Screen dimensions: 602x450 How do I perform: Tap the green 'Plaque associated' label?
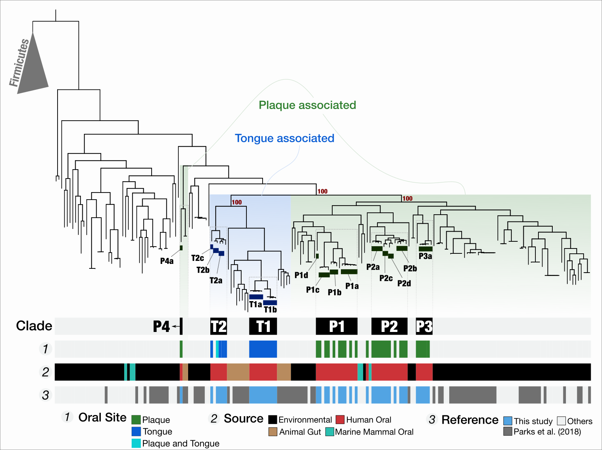point(307,105)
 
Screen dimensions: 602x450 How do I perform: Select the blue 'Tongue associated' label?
point(284,138)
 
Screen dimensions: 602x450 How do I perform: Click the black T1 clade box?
point(263,326)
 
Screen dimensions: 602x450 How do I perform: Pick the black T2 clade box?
point(219,326)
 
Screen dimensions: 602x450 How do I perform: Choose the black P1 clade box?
point(336,326)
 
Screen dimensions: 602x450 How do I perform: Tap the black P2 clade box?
point(389,326)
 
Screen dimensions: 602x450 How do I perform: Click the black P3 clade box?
point(424,326)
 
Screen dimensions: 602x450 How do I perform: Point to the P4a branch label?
point(167,261)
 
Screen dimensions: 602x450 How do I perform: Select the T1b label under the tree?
point(271,310)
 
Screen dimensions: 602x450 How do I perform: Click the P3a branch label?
point(426,256)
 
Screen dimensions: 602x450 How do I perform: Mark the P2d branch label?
point(404,283)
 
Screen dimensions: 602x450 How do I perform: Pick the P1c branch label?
point(313,290)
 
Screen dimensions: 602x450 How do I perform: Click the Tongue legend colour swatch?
point(136,432)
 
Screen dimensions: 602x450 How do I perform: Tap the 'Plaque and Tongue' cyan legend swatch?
point(136,444)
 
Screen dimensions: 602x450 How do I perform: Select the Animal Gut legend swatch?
point(273,432)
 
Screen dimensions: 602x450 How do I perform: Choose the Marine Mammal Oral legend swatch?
point(330,432)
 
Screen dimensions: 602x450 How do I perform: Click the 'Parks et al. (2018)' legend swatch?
point(508,431)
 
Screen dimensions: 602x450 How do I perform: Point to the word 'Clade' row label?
point(34,326)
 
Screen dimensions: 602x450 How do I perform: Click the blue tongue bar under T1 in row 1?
point(263,349)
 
